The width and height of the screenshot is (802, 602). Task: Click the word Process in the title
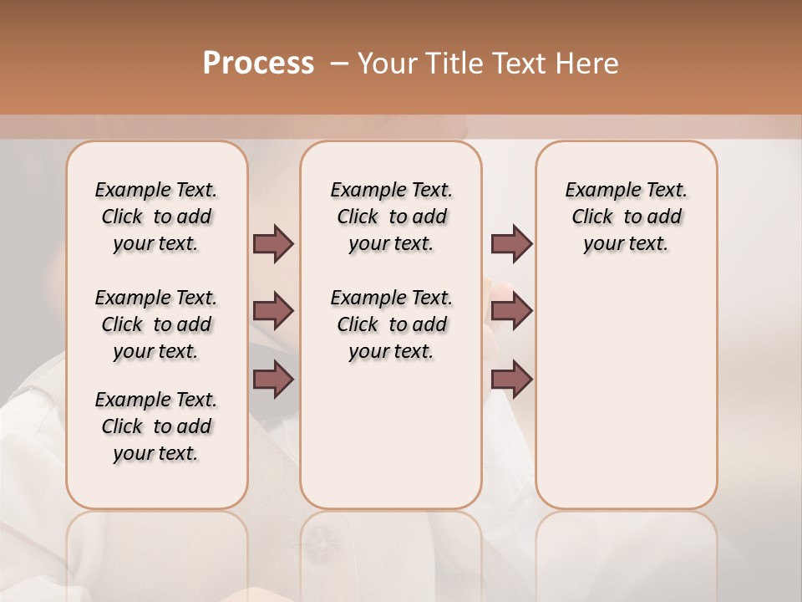[x=258, y=64]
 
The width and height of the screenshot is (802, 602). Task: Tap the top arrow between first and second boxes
[x=273, y=243]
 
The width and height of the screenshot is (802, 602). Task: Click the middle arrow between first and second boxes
[x=273, y=311]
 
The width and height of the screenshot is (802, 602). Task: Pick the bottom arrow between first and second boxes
[x=273, y=380]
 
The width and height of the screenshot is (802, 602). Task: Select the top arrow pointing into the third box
[x=511, y=243]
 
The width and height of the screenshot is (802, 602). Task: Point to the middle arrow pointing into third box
[x=511, y=311]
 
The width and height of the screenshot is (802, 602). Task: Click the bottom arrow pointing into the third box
[x=511, y=380]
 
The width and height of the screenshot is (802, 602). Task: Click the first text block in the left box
[x=156, y=217]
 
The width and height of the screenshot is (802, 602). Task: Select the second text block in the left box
[x=156, y=324]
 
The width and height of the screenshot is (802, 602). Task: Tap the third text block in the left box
[x=156, y=426]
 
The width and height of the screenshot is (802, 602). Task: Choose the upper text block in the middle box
[x=391, y=217]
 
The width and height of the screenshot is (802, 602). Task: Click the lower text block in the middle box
[x=391, y=324]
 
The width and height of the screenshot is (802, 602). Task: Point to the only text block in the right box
[x=626, y=217]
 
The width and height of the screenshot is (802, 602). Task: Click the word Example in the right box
[x=596, y=191]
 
